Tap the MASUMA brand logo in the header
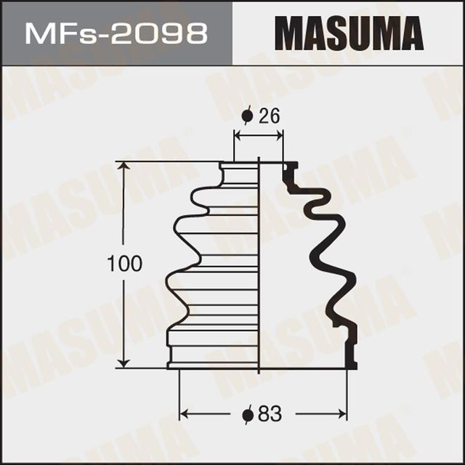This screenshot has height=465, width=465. click(x=349, y=33)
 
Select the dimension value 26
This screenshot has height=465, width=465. click(x=270, y=116)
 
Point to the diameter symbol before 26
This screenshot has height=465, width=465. click(x=248, y=116)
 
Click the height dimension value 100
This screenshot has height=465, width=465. click(x=124, y=264)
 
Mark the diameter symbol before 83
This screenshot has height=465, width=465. click(x=248, y=414)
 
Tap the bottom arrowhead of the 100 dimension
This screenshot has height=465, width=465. click(x=126, y=363)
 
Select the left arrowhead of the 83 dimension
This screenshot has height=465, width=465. click(x=184, y=414)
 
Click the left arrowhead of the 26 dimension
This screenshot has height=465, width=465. click(x=237, y=135)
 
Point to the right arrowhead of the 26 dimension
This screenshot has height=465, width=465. click(x=280, y=135)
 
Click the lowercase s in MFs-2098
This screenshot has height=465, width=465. click(x=85, y=36)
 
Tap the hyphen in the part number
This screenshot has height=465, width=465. click(x=102, y=35)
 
